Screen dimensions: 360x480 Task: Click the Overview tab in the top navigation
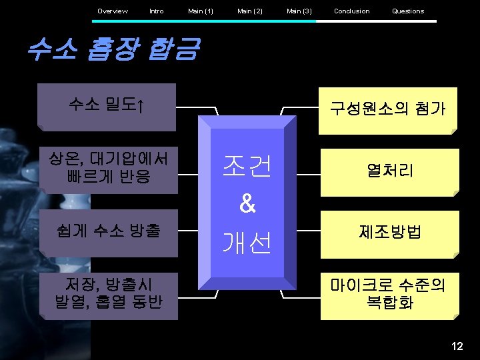(x=112, y=11)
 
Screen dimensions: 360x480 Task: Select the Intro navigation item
(x=157, y=11)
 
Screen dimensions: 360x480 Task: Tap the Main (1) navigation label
(x=201, y=11)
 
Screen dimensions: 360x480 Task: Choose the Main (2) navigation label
(x=250, y=11)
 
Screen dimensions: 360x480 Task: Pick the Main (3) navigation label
(x=299, y=11)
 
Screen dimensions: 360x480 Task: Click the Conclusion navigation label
(x=351, y=11)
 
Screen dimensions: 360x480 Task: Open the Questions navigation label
(x=408, y=11)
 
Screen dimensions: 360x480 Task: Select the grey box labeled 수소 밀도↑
(x=107, y=106)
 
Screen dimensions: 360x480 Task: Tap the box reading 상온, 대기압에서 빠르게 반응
(x=107, y=168)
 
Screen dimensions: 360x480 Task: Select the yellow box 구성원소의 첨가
(x=390, y=109)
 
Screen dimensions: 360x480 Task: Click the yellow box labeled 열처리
(x=390, y=171)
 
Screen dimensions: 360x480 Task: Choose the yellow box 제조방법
(x=390, y=233)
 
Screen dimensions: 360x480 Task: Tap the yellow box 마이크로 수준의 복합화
(x=390, y=295)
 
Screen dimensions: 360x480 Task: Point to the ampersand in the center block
(x=247, y=205)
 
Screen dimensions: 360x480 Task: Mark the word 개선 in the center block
(x=247, y=243)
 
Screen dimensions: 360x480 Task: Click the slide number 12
(x=457, y=346)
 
